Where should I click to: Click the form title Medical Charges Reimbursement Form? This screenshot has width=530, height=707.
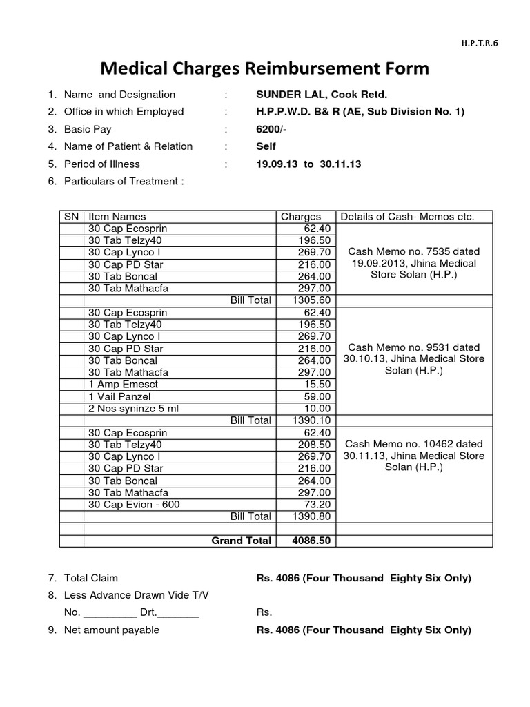[x=265, y=69]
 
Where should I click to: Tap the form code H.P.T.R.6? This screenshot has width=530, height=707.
[x=478, y=42]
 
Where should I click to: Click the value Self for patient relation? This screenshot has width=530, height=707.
[x=266, y=146]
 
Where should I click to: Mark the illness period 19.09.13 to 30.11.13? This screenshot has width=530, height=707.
[x=308, y=164]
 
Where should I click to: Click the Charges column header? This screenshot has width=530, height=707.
[x=301, y=217]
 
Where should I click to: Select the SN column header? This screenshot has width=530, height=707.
[x=72, y=217]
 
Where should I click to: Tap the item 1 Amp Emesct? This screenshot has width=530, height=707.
[x=124, y=385]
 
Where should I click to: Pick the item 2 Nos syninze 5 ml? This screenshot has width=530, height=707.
[x=133, y=409]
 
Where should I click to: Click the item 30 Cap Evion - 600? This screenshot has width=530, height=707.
[x=134, y=505]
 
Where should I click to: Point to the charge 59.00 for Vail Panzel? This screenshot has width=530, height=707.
[x=318, y=397]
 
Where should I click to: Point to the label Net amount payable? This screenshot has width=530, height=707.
[x=111, y=630]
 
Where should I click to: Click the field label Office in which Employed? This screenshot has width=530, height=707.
[x=124, y=112]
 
